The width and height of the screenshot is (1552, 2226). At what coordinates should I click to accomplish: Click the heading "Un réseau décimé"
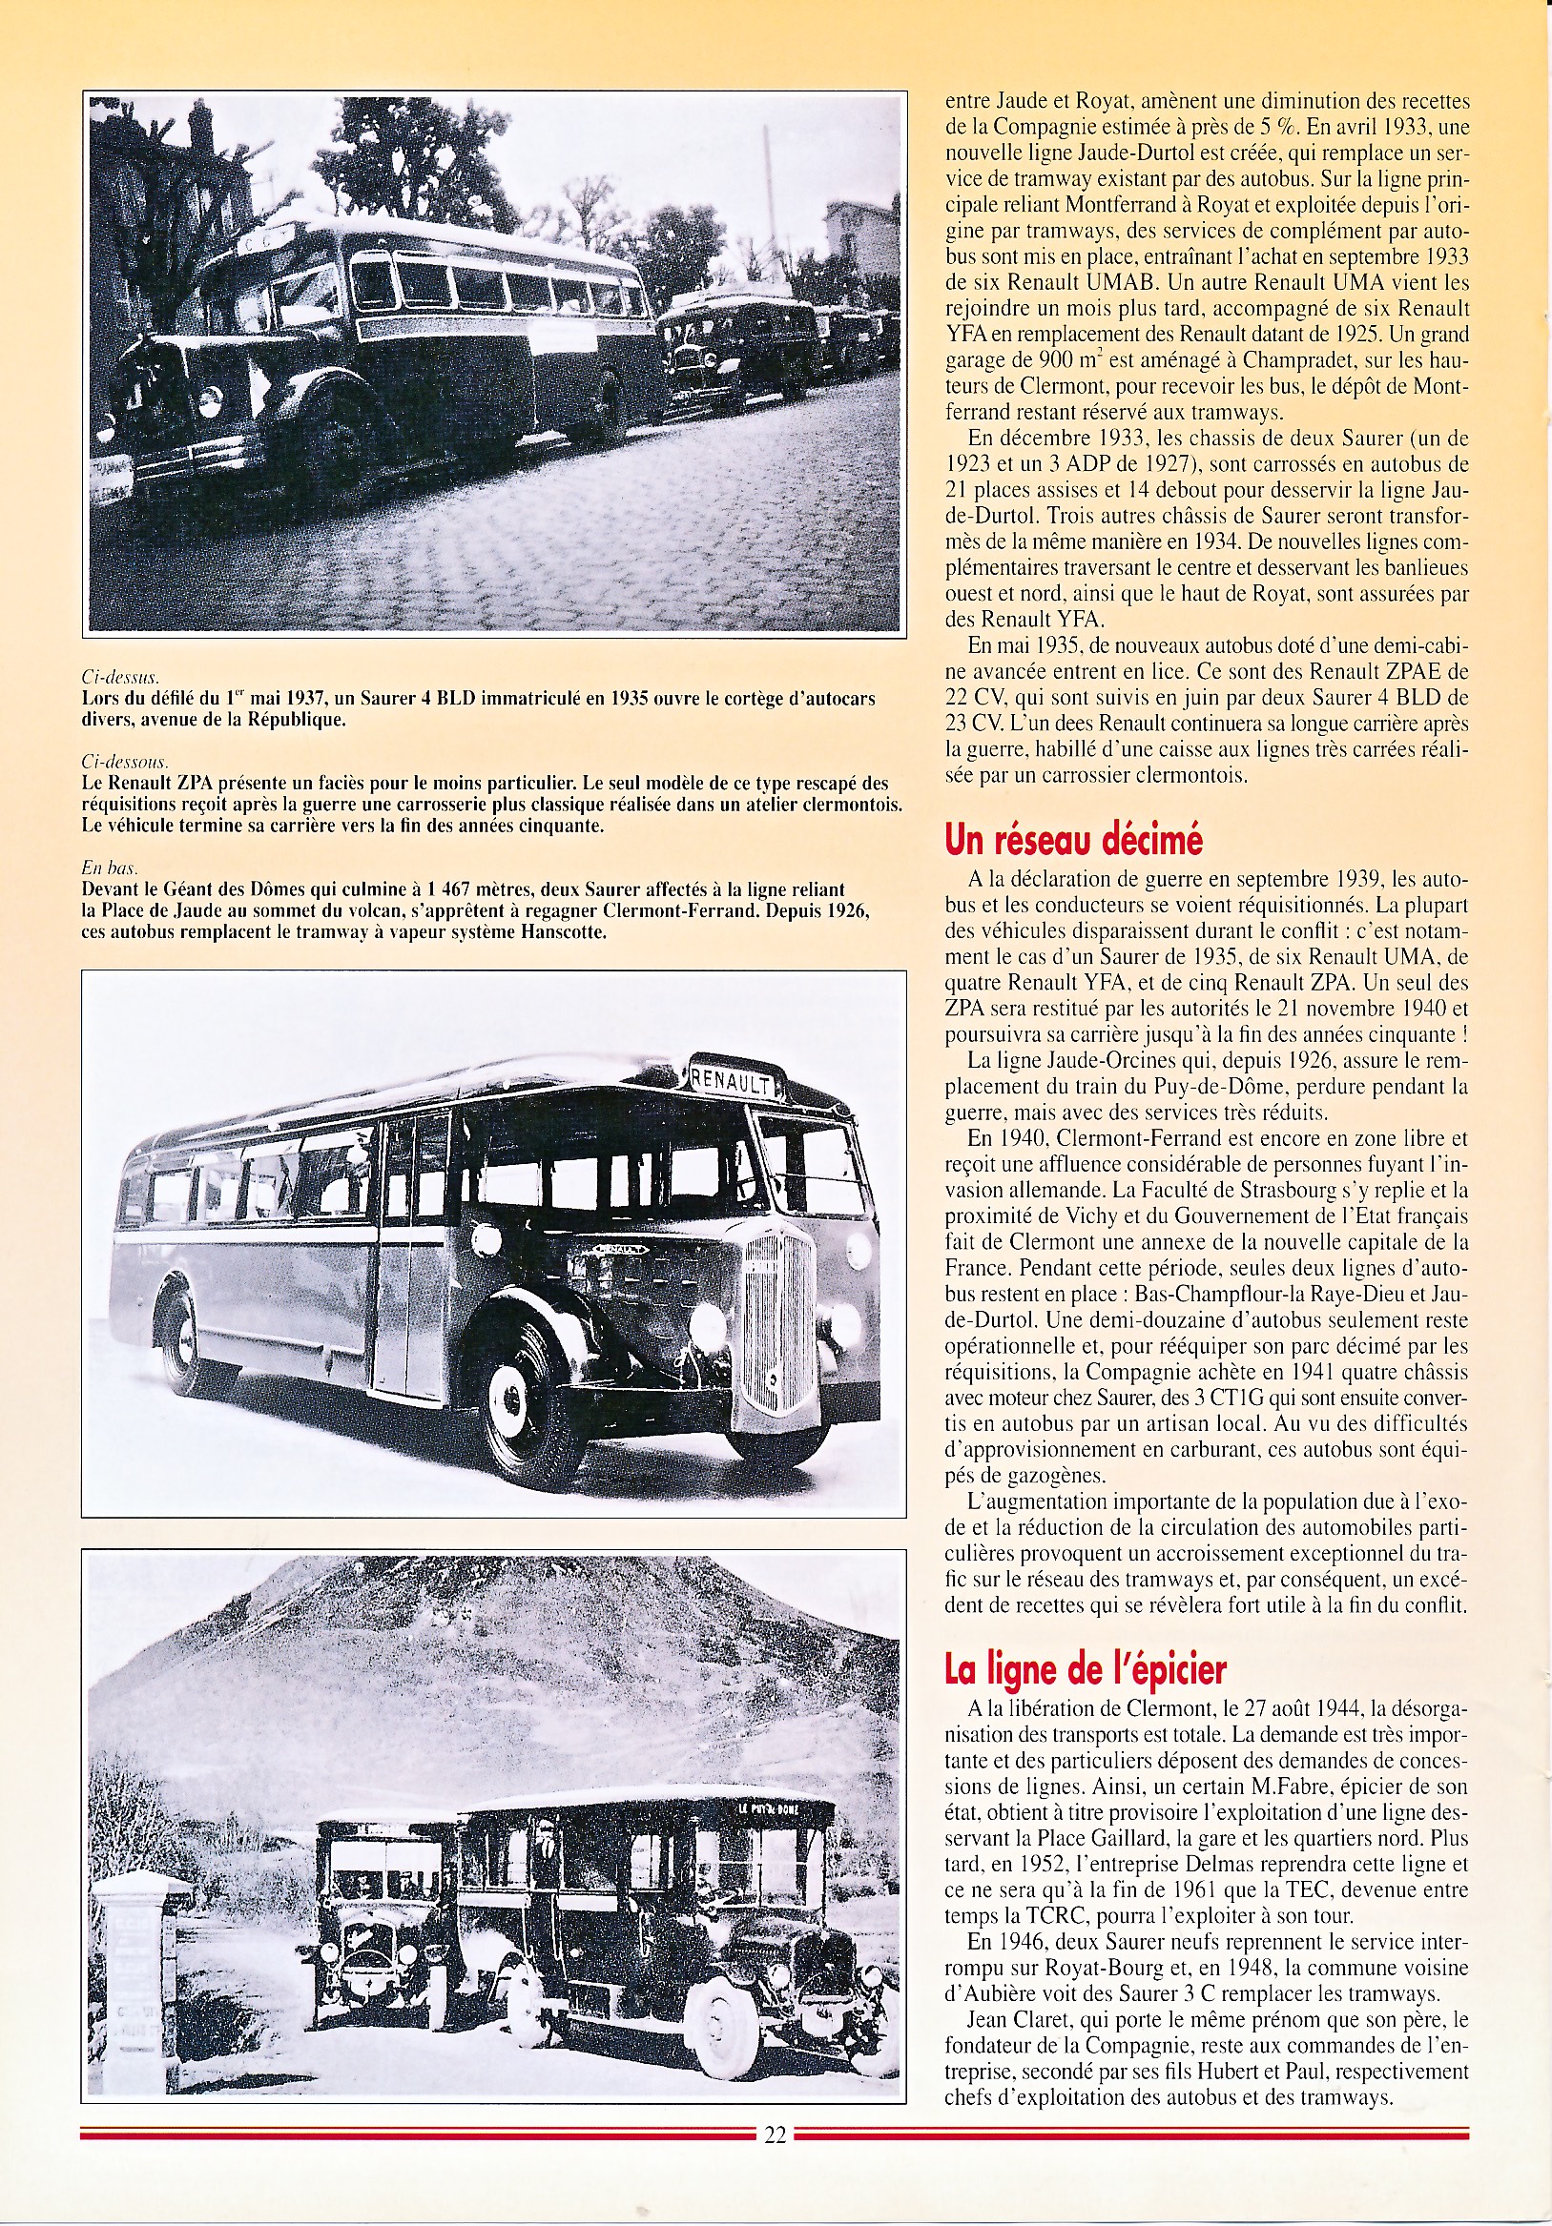(1073, 841)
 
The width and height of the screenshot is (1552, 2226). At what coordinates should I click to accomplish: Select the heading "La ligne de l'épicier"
(1086, 1668)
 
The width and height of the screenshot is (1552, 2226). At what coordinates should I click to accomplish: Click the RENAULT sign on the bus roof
(733, 1080)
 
